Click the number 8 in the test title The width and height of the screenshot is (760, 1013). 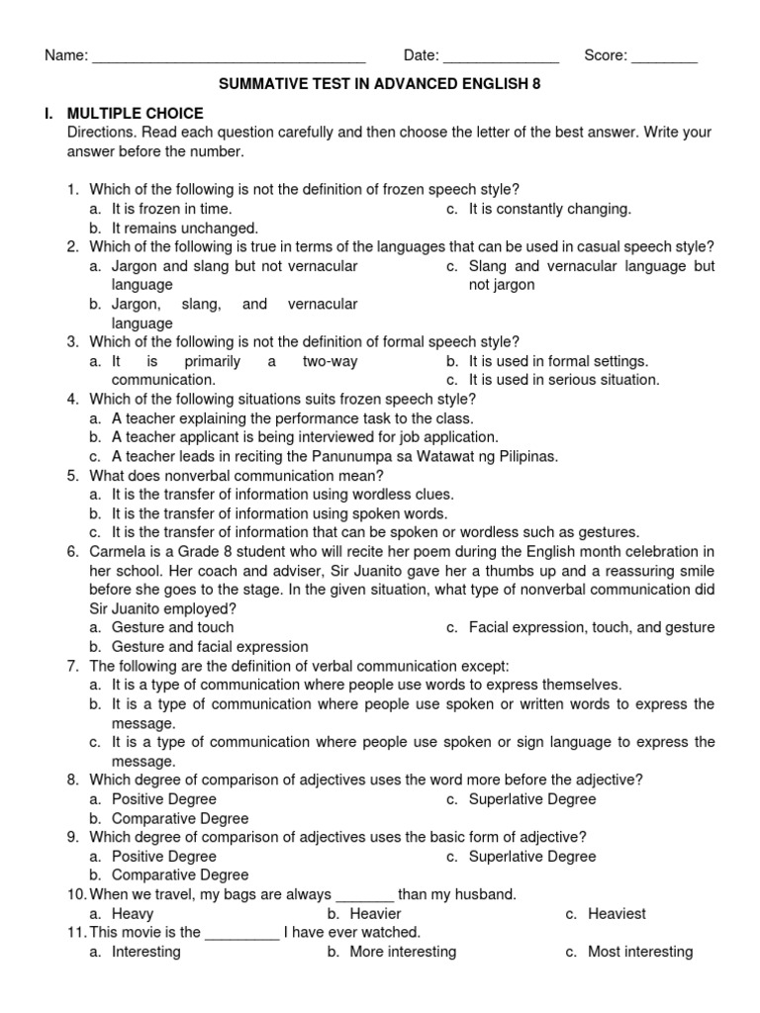536,85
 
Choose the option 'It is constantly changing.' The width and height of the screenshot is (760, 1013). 549,209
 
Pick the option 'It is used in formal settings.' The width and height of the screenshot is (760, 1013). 558,361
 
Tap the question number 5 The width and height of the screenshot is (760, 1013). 72,475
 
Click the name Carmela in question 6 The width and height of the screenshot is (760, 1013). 118,551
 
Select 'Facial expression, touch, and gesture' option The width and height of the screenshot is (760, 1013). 591,627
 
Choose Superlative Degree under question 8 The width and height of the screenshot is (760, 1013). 532,798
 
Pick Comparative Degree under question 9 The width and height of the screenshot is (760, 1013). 179,875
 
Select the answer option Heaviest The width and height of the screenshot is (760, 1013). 617,914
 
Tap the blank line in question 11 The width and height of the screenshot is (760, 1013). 241,933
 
